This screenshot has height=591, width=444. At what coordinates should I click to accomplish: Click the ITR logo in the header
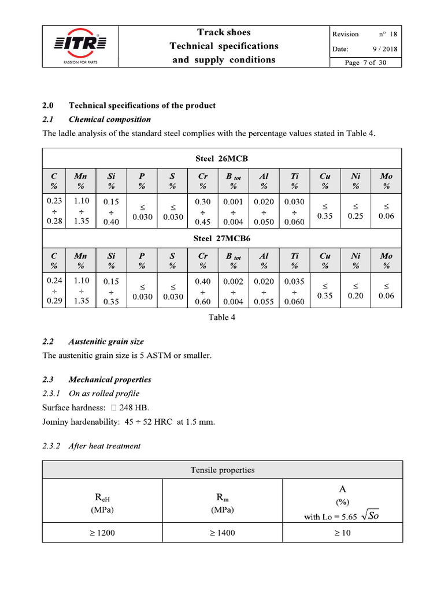(80, 44)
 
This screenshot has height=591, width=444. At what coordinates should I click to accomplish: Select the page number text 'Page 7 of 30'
(365, 63)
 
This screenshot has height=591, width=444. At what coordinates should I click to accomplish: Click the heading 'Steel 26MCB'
(222, 158)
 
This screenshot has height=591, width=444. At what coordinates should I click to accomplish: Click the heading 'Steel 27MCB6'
(222, 238)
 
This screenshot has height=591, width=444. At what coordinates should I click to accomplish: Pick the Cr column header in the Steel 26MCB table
(202, 180)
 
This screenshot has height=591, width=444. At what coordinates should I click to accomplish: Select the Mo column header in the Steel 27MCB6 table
(386, 260)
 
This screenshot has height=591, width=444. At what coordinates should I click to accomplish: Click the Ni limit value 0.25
(356, 216)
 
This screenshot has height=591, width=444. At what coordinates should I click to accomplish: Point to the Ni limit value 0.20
(356, 296)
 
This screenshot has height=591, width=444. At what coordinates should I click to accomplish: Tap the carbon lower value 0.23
(54, 201)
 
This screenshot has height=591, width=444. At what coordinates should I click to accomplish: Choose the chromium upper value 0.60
(202, 302)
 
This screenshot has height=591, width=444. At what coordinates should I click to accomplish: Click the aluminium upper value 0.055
(264, 302)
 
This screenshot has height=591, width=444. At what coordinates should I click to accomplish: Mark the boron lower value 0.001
(233, 201)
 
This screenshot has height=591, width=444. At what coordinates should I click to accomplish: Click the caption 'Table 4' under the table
(222, 317)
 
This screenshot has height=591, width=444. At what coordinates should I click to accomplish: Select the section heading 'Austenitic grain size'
(106, 342)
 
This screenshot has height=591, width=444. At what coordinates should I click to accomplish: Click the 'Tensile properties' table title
(222, 470)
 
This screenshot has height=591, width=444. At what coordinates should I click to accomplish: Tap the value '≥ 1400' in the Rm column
(222, 533)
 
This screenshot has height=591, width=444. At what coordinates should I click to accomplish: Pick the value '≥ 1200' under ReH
(102, 533)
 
